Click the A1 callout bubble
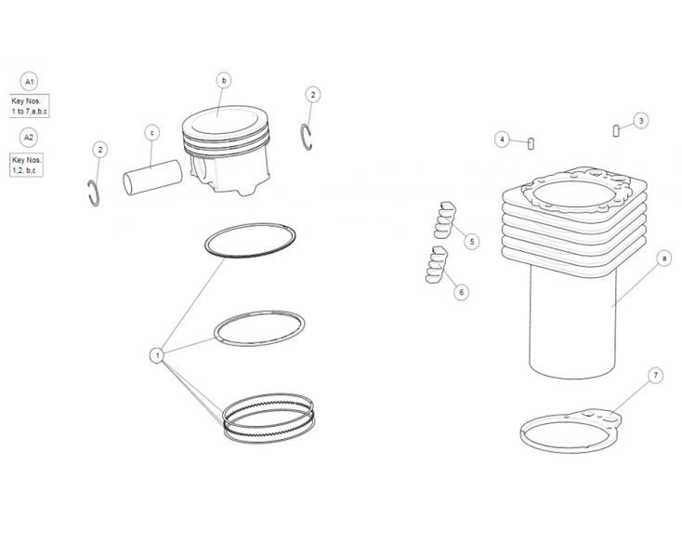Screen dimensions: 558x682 (x=29, y=82)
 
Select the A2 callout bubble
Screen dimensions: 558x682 (x=29, y=138)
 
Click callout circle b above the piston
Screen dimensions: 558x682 (x=223, y=81)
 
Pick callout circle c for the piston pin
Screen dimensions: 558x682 (x=151, y=133)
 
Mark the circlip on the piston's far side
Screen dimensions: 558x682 (x=308, y=137)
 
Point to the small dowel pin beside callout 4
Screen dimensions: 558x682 (x=531, y=143)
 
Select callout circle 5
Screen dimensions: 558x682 (x=472, y=242)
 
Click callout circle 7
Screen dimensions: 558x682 (x=656, y=376)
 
